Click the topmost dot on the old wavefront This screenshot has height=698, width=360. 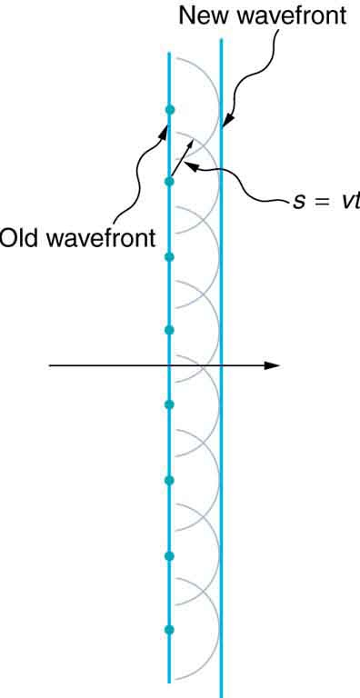tap(169, 110)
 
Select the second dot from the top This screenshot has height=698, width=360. tap(169, 182)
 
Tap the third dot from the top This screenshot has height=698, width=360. tap(169, 257)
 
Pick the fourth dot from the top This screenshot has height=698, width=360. tap(169, 330)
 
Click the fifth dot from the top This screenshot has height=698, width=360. tap(169, 404)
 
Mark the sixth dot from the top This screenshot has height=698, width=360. tap(169, 480)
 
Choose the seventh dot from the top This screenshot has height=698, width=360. tap(169, 554)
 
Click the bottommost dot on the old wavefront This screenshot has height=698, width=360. tap(169, 629)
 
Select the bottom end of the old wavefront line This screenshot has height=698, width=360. tap(169, 680)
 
